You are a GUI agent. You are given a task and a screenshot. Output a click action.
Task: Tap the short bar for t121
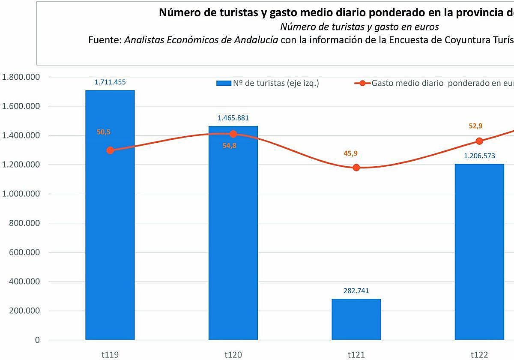[x=356, y=319]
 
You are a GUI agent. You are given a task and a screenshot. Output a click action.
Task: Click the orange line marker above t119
[x=110, y=150]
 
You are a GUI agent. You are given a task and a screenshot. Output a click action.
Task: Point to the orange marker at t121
[x=356, y=168]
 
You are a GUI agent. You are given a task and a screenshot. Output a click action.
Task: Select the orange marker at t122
[x=479, y=141]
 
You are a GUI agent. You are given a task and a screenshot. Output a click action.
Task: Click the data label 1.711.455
[x=110, y=82]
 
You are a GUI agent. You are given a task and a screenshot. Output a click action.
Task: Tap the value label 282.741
[x=356, y=291]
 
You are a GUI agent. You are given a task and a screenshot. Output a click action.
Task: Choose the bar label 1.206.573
[x=479, y=156]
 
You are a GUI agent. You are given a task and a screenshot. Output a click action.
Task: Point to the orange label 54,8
[x=230, y=146]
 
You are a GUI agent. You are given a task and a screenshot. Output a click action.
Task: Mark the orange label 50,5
[x=104, y=132]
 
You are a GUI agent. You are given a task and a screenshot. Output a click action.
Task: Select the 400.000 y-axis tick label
[x=24, y=282]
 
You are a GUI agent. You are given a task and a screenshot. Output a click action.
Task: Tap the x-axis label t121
[x=356, y=354]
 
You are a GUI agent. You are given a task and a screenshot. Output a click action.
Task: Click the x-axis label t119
[x=110, y=354]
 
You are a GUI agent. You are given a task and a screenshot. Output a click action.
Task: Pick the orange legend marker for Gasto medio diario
[x=362, y=83]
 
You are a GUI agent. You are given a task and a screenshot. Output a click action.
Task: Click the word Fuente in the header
[x=105, y=40]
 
